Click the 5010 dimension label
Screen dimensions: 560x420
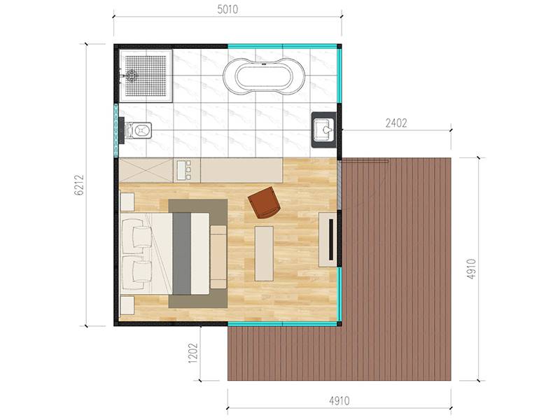point(227,9)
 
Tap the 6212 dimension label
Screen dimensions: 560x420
point(79,185)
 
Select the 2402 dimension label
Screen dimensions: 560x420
point(396,123)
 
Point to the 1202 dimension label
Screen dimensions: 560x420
point(193,353)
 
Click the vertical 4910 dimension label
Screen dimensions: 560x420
point(471,269)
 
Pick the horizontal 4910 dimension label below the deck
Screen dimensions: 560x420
point(339,401)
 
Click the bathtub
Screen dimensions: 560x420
point(264,76)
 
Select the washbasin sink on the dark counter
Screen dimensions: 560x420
point(324,129)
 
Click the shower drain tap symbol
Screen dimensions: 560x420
point(131,76)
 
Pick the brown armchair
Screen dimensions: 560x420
point(265,202)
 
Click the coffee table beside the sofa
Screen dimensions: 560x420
point(265,253)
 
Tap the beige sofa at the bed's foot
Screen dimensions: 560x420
point(218,257)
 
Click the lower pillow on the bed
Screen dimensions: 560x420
point(136,272)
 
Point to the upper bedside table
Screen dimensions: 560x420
point(127,202)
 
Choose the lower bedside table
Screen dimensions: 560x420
point(127,306)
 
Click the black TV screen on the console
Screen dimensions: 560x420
point(331,239)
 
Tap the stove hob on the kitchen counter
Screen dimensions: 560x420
point(183,170)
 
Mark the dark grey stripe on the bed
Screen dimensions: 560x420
point(182,253)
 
